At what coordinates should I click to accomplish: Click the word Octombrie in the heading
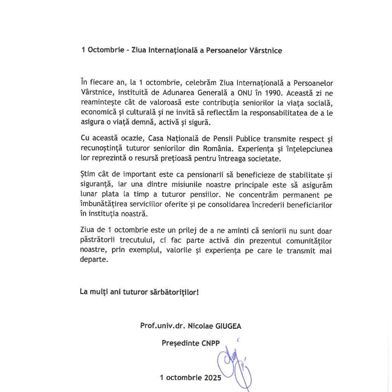coord(104,50)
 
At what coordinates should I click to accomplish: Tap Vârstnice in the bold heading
coord(265,50)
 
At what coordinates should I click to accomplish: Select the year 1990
coord(275,93)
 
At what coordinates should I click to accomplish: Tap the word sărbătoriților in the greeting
coord(171,293)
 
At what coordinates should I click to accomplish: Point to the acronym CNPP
coord(210,343)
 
